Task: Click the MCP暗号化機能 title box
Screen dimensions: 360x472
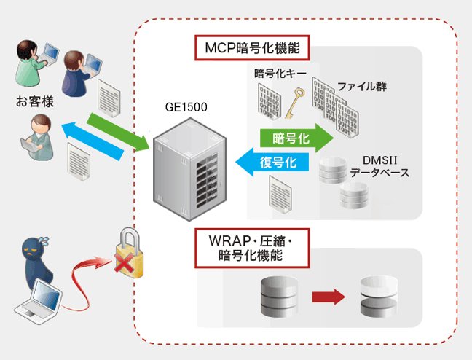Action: (x=251, y=49)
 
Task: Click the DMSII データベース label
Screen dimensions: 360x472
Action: (x=379, y=167)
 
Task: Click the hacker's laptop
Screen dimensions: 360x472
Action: (x=38, y=299)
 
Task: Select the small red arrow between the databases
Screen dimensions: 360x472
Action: (x=327, y=297)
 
